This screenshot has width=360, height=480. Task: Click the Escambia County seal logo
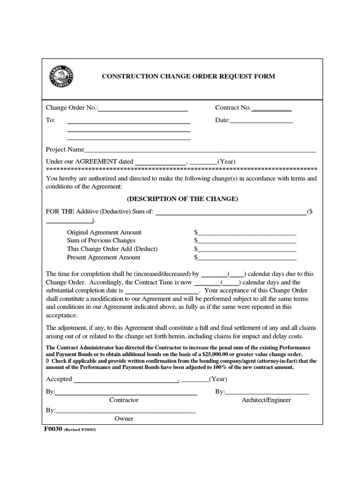(x=61, y=76)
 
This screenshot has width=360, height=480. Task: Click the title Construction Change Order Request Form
(x=189, y=76)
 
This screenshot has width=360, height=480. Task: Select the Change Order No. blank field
(x=143, y=109)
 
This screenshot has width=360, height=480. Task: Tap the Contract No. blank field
(x=271, y=109)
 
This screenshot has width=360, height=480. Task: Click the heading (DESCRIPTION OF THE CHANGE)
(x=183, y=199)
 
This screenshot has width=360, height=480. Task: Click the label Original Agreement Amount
(x=104, y=232)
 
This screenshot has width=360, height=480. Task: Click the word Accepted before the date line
(x=59, y=379)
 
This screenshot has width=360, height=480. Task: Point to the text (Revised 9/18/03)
(x=80, y=429)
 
